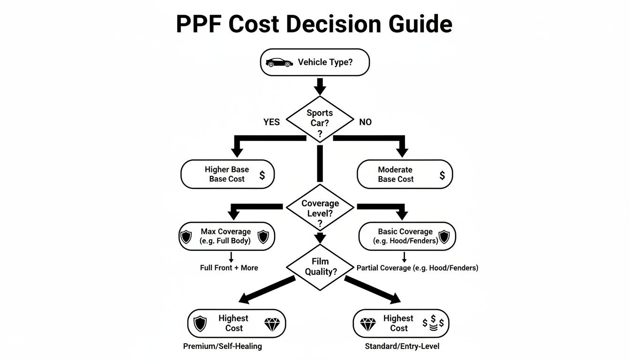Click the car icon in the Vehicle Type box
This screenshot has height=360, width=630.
(278, 62)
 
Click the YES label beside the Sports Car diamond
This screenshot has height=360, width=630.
(272, 122)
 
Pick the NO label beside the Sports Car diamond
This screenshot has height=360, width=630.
(365, 122)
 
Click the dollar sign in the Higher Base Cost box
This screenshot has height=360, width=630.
(262, 175)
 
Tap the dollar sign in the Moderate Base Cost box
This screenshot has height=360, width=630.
(442, 175)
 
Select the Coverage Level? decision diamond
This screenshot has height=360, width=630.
(320, 209)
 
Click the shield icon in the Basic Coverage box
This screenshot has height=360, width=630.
(443, 237)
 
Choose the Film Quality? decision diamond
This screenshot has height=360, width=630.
(320, 267)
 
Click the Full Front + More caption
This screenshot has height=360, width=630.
(229, 268)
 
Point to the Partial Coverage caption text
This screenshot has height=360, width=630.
(417, 268)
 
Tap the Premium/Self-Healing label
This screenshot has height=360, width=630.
(223, 346)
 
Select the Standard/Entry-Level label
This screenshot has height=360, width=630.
(402, 346)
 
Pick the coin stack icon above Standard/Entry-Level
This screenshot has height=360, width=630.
(433, 323)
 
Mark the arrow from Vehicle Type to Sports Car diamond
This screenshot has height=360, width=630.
(320, 86)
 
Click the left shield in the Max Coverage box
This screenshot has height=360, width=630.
(187, 237)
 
